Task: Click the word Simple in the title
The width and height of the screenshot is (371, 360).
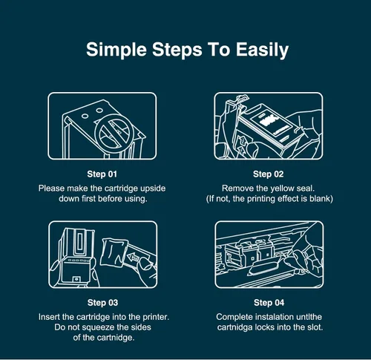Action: pos(116,50)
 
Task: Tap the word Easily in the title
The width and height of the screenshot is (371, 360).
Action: pos(262,50)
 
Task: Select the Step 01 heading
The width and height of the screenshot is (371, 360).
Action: pos(102,174)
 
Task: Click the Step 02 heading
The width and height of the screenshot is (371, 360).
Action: pos(269,174)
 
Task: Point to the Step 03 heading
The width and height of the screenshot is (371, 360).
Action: pos(102,303)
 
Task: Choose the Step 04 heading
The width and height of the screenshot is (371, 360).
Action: pos(269,303)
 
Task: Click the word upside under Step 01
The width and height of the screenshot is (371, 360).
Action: pos(153,189)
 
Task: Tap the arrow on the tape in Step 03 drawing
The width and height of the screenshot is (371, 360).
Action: pos(133,258)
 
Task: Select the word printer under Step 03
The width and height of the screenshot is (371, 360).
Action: pos(156,317)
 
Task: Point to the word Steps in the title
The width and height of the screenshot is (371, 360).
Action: pos(177,50)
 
